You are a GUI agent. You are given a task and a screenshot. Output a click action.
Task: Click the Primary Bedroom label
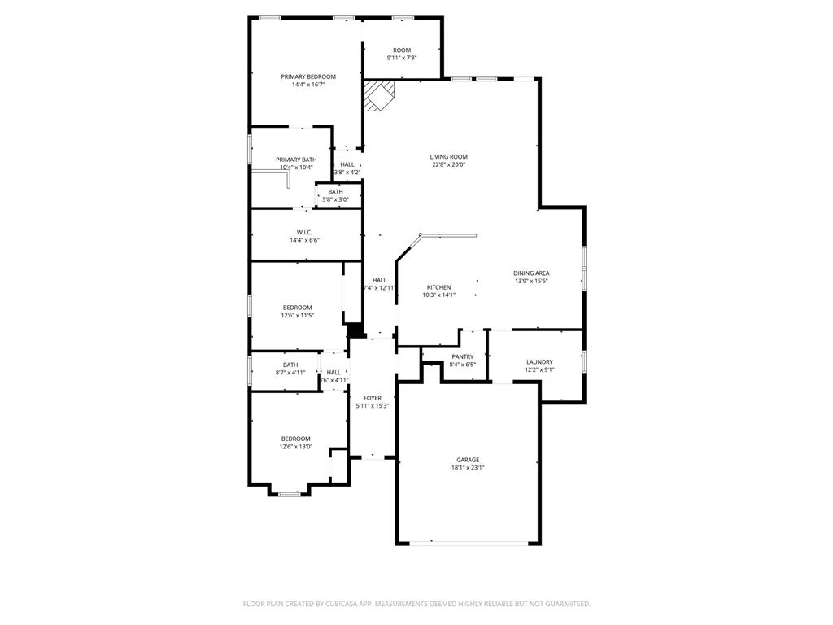pyautogui.click(x=308, y=76)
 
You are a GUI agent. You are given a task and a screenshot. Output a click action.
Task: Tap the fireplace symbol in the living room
pyautogui.click(x=378, y=94)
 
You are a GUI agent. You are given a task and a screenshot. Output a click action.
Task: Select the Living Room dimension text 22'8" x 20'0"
pyautogui.click(x=449, y=164)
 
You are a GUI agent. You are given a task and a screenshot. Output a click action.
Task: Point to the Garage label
pyautogui.click(x=467, y=460)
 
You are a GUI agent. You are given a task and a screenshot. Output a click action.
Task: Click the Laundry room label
pyautogui.click(x=539, y=362)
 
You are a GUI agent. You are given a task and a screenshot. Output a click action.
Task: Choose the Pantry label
pyautogui.click(x=462, y=356)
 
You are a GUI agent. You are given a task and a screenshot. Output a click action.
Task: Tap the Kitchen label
pyautogui.click(x=438, y=287)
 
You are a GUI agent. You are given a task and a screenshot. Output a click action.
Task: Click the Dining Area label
pyautogui.click(x=531, y=273)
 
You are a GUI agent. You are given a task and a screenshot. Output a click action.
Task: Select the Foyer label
pyautogui.click(x=373, y=398)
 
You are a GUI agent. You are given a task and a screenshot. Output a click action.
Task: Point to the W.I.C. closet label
pyautogui.click(x=304, y=232)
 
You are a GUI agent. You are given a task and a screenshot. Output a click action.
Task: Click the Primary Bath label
pyautogui.click(x=296, y=160)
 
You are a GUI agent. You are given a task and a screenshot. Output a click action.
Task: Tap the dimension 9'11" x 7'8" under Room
pyautogui.click(x=402, y=58)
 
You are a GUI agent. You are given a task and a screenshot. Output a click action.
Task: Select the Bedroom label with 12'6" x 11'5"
pyautogui.click(x=297, y=308)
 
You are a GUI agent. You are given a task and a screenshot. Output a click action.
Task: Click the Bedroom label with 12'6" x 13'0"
pyautogui.click(x=295, y=439)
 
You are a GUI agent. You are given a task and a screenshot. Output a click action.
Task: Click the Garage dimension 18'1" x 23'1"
pyautogui.click(x=468, y=468)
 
